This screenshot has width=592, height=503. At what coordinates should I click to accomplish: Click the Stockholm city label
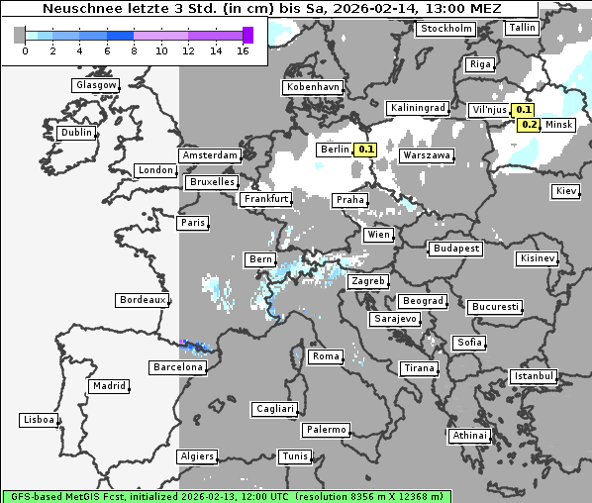[444, 29]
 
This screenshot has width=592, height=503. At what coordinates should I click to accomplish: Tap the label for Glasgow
[95, 85]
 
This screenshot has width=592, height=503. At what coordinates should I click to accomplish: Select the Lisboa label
[38, 420]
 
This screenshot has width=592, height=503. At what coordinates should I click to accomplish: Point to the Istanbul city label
[533, 376]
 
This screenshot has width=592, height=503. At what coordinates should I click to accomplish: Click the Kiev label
[566, 190]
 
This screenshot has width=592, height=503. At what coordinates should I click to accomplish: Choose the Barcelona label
[178, 367]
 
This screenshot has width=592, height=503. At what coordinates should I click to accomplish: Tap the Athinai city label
[469, 436]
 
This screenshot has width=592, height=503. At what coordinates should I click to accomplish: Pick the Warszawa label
[427, 156]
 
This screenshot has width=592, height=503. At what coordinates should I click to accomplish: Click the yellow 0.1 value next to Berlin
[365, 150]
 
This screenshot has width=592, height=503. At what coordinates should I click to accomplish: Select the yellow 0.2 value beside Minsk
[530, 125]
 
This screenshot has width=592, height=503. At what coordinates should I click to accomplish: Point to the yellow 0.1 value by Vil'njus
[525, 110]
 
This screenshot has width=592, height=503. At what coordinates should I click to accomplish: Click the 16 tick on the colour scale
[243, 50]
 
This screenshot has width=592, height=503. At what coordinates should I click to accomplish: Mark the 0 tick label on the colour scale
[24, 50]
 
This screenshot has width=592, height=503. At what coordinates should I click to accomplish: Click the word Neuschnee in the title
[74, 9]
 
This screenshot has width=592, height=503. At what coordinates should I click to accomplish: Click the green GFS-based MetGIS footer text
[226, 495]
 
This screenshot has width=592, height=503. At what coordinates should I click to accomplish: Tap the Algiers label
[196, 456]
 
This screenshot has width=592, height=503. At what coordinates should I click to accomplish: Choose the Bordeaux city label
[142, 300]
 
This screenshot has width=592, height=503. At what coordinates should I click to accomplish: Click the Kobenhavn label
[313, 87]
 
